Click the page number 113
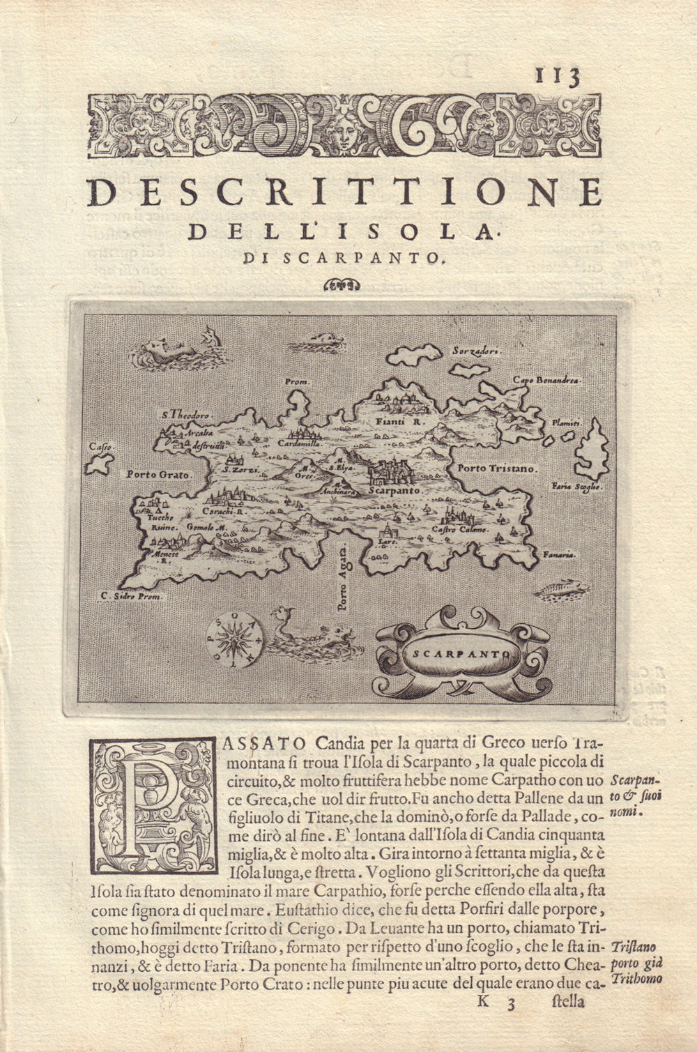pyautogui.click(x=558, y=76)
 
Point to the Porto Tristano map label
pyautogui.click(x=497, y=469)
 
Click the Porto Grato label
pyautogui.click(x=159, y=474)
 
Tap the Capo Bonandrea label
pyautogui.click(x=547, y=380)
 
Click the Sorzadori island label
pyautogui.click(x=476, y=351)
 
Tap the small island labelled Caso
pyautogui.click(x=99, y=464)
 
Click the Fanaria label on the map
pyautogui.click(x=560, y=555)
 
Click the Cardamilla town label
pyautogui.click(x=298, y=443)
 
